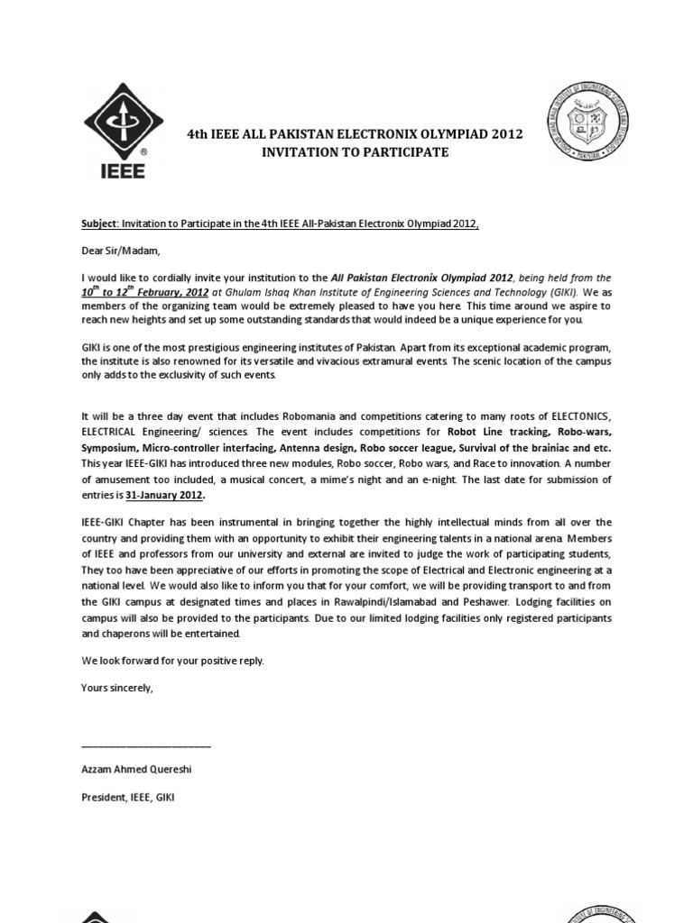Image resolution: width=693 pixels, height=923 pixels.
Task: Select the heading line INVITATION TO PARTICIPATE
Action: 355,152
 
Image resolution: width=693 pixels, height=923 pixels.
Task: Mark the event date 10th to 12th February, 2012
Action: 144,292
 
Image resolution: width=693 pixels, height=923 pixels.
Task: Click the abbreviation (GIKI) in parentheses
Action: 559,292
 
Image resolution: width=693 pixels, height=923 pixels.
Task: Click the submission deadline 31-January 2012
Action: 165,495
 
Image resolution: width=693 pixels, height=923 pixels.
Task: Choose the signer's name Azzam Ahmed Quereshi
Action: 137,771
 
